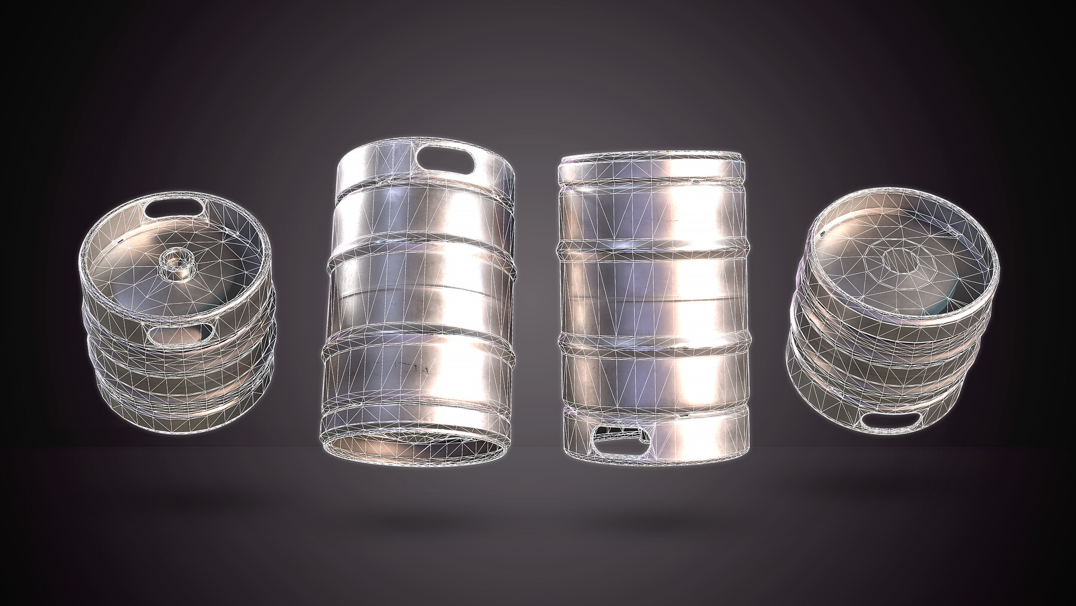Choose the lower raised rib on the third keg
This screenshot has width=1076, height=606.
click(653, 343)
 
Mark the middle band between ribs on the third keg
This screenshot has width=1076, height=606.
click(652, 296)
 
